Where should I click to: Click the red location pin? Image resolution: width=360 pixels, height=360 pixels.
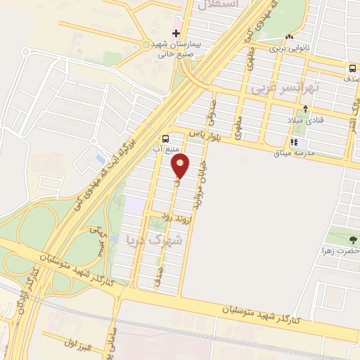point(181,167)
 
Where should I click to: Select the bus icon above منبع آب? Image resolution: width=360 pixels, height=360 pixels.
point(165,139)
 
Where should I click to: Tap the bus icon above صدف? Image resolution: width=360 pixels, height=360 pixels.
point(351,69)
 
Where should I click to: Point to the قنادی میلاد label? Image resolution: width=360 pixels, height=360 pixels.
point(305,120)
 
